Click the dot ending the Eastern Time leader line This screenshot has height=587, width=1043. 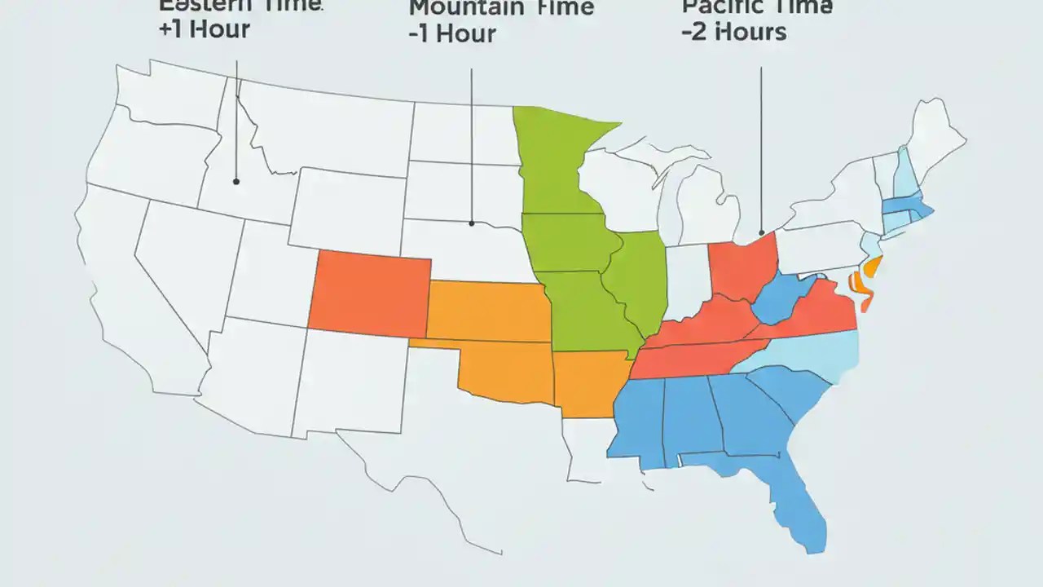(235, 181)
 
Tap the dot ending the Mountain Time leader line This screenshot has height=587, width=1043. (471, 223)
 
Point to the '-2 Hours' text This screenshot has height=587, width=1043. (733, 32)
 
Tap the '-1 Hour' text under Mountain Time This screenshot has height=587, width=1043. (451, 35)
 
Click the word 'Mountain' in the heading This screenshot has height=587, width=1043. (465, 8)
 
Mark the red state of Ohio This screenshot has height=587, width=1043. (742, 265)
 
